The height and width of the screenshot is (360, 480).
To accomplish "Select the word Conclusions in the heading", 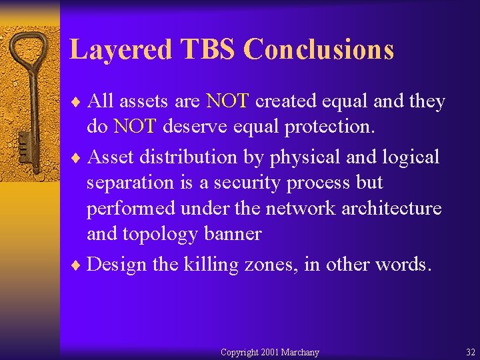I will point(319,50).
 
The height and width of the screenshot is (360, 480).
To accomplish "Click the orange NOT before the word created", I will point(228,101).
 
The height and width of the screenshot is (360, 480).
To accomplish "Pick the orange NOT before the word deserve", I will point(135,125).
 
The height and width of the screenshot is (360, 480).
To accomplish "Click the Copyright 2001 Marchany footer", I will point(269,352).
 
